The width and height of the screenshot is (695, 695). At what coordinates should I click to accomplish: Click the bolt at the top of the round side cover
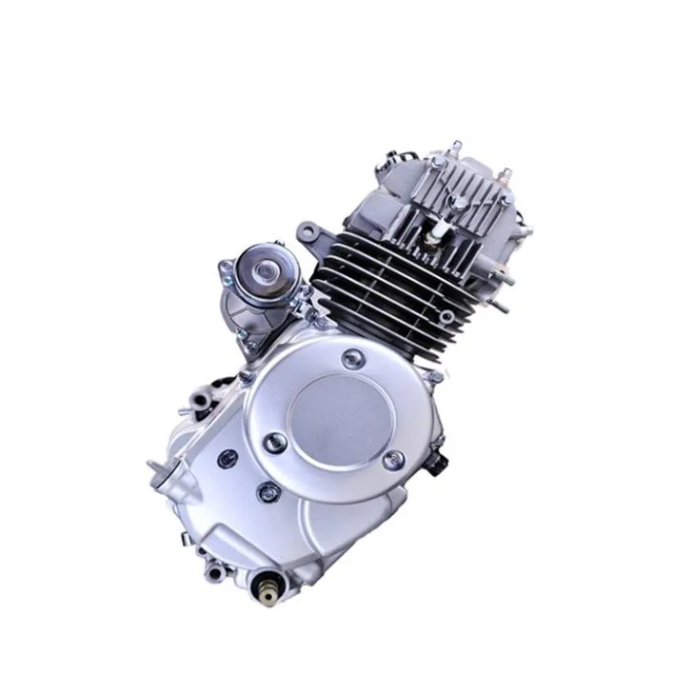tap(353, 358)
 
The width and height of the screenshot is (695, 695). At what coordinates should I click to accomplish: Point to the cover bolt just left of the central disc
tap(275, 441)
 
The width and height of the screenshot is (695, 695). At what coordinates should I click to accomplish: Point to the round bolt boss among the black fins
tap(446, 315)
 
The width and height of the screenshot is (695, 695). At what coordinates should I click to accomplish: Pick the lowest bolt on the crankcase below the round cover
tap(269, 492)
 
